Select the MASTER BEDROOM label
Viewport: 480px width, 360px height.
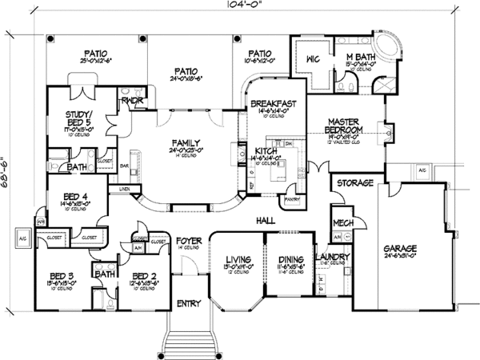click(x=346, y=126)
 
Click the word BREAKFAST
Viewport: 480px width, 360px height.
click(x=274, y=105)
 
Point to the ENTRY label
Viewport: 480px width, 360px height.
click(x=190, y=303)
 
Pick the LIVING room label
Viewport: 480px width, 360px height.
click(x=238, y=260)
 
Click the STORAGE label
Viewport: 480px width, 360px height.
click(x=355, y=183)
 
